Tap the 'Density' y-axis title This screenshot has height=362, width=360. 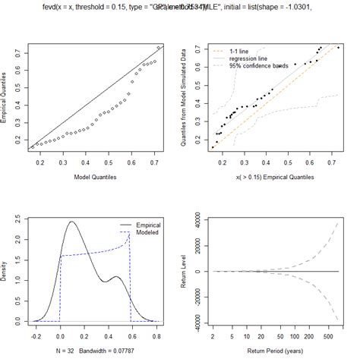[x=7, y=271]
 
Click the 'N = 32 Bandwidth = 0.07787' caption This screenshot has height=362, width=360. [x=93, y=352]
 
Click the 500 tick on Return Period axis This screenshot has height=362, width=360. [x=327, y=335]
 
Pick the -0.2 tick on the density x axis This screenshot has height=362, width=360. [x=35, y=335]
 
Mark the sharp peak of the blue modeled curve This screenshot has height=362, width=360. [x=131, y=233]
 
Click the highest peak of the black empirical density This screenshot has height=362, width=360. [x=71, y=222]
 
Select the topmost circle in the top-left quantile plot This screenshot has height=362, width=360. [x=158, y=48]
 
